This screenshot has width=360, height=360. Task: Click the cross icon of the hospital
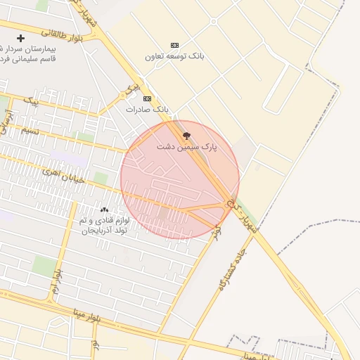(x=20, y=38)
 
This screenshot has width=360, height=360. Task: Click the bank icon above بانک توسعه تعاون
(x=175, y=44)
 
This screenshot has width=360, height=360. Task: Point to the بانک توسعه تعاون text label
(x=174, y=56)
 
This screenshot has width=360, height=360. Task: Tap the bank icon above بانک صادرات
(x=147, y=98)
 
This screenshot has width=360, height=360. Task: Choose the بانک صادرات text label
(x=148, y=110)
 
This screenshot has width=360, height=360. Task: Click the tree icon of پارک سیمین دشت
(x=186, y=136)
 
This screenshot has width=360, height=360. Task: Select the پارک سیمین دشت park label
(x=187, y=148)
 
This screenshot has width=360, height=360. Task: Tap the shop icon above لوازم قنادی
(x=104, y=210)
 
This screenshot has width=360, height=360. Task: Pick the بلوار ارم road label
(x=56, y=281)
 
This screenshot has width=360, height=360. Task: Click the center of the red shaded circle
(x=179, y=179)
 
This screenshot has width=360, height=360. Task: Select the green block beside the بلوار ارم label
(x=44, y=266)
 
